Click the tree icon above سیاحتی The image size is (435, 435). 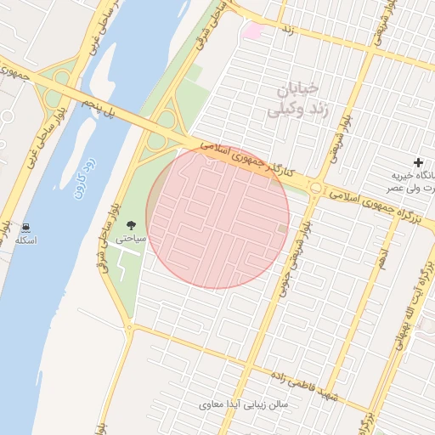[131, 224]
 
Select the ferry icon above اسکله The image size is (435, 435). [26, 227]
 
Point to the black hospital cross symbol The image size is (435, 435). [417, 162]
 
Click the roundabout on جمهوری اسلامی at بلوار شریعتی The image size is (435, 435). [316, 188]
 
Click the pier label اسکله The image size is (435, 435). [26, 241]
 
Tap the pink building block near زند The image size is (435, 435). [252, 31]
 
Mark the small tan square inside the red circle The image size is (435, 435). [283, 228]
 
